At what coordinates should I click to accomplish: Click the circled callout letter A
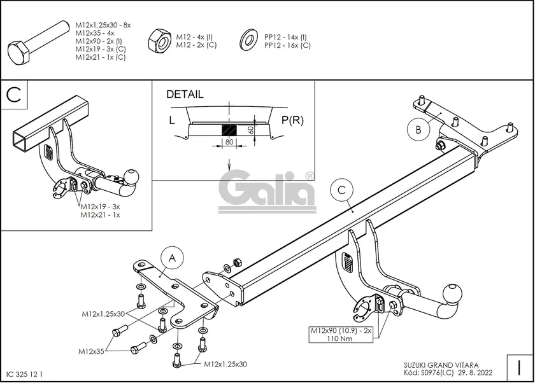coord(171,258)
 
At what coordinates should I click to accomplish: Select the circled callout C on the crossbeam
coord(341,190)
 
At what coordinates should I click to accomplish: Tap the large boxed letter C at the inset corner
coord(16,95)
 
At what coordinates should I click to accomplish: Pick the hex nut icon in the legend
coord(157,41)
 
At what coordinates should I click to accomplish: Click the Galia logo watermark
coord(267,189)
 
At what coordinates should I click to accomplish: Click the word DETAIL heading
coord(185,95)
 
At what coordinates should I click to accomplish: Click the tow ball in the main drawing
coord(453,295)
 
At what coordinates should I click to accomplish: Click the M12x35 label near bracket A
coord(92,351)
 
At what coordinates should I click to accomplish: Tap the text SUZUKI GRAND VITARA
coord(437,365)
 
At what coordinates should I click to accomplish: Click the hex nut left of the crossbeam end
coord(236,262)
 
